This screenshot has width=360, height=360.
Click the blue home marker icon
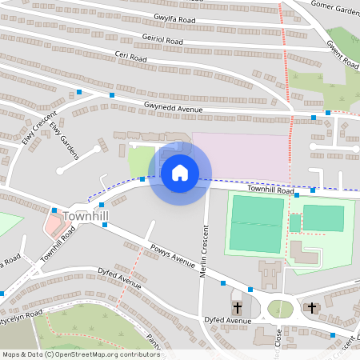click(x=180, y=172)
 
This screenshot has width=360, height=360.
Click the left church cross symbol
click(x=237, y=308)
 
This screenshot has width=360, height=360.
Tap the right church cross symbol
click(x=311, y=307)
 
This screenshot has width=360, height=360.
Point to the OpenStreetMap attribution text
click(x=80, y=354)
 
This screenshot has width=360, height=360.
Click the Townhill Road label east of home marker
click(x=270, y=189)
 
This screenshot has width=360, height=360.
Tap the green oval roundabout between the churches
click(x=279, y=308)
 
